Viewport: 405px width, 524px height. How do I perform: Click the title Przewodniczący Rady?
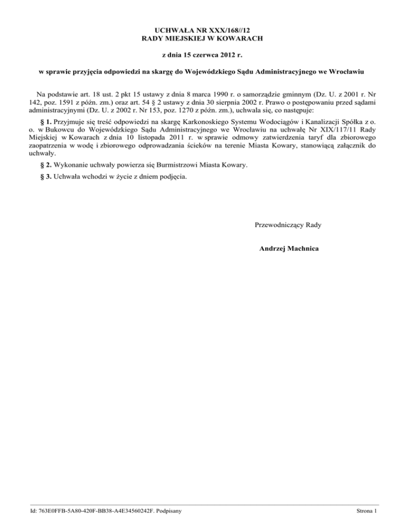point(287,225)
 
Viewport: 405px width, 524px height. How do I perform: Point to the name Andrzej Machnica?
point(287,248)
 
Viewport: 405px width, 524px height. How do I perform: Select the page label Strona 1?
point(367,511)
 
